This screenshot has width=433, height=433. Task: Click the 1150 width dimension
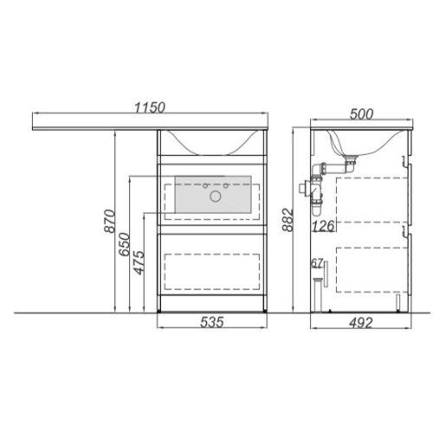pyautogui.click(x=150, y=107)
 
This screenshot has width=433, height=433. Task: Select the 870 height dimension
pyautogui.click(x=110, y=221)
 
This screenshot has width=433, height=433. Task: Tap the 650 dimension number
pyautogui.click(x=125, y=244)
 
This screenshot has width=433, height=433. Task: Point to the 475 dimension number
pyautogui.click(x=139, y=262)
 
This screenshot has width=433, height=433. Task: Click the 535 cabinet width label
pyautogui.click(x=212, y=322)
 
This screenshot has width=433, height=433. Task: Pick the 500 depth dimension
pyautogui.click(x=361, y=114)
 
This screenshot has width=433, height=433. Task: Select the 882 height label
pyautogui.click(x=288, y=220)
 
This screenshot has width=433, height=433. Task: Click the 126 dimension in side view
pyautogui.click(x=324, y=226)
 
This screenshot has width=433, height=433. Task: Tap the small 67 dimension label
pyautogui.click(x=317, y=263)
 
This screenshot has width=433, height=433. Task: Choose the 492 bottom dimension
pyautogui.click(x=361, y=322)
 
